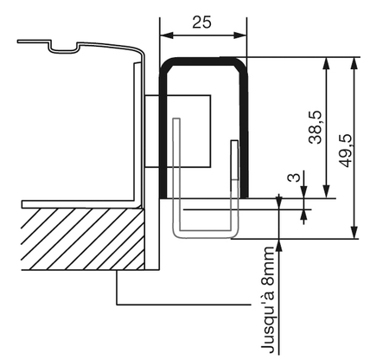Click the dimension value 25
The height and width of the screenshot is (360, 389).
click(x=201, y=22)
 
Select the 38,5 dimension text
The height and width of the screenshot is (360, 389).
click(x=315, y=127)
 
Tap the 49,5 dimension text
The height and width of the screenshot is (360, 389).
click(x=346, y=151)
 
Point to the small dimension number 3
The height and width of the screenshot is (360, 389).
click(x=294, y=177)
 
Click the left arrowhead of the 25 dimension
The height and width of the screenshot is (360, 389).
click(x=167, y=35)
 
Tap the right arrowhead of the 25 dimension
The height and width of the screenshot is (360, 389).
click(x=240, y=35)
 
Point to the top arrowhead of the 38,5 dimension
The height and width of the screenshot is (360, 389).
click(x=326, y=63)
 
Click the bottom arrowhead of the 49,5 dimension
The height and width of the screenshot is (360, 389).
click(x=354, y=232)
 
